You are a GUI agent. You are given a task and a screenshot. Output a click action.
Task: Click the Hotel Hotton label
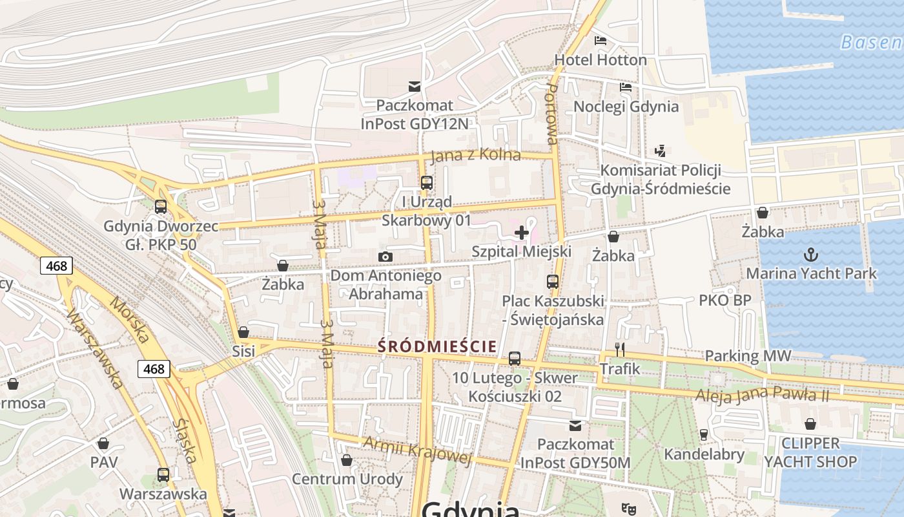[x=601, y=60]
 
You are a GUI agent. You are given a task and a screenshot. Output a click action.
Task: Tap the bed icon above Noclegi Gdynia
[x=625, y=87]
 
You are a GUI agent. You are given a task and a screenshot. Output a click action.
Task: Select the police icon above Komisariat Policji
[x=660, y=151]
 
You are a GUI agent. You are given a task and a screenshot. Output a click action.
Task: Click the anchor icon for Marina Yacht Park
[x=811, y=254]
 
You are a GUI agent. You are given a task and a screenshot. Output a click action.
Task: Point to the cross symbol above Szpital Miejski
[x=522, y=233]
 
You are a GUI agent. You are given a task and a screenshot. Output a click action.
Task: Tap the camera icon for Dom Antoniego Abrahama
[x=385, y=257]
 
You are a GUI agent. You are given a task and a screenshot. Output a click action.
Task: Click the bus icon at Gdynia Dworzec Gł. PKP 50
[x=161, y=207]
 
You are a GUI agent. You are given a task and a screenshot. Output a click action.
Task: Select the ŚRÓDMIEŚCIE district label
[x=437, y=346]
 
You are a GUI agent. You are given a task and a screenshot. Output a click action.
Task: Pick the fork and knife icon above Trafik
[x=620, y=350]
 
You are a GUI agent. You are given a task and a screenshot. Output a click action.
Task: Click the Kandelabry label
[x=704, y=454]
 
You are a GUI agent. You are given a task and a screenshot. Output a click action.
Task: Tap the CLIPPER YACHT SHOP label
[x=810, y=452]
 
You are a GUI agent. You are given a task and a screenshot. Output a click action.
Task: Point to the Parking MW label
[x=748, y=355]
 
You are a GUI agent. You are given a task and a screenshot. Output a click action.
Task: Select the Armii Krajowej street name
[x=417, y=450]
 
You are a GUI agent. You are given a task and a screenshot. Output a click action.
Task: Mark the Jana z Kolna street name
[x=475, y=155]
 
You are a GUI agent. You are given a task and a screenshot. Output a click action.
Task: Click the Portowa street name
[x=551, y=113]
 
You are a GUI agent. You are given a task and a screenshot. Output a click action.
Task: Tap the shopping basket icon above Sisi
[x=243, y=332]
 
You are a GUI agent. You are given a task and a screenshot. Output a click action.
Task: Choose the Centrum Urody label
[x=347, y=479]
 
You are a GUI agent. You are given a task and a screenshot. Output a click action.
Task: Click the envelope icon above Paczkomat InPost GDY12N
[x=414, y=87]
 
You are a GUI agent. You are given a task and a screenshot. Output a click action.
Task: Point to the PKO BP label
[x=724, y=301]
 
